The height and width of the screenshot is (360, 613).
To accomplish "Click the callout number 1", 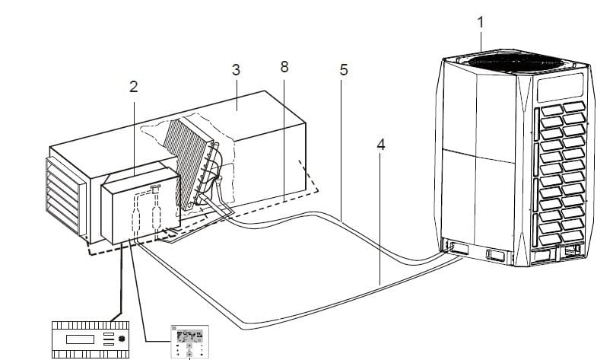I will tap(481, 21).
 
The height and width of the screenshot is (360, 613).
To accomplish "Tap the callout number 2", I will tap(133, 86).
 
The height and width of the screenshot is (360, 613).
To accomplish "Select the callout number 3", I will tap(236, 69).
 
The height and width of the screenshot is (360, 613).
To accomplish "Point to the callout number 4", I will tap(380, 143).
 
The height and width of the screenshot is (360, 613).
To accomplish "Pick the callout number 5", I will tap(344, 69).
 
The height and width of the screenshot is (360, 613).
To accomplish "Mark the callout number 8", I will tap(284, 67).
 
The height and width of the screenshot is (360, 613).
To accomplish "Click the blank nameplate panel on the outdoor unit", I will tap(561, 90).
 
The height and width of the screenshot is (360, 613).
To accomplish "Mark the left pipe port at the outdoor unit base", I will tap(452, 247).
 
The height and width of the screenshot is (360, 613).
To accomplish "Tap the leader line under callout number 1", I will tap(481, 40).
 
